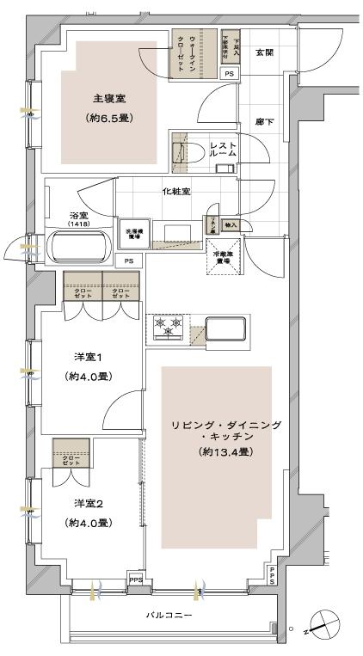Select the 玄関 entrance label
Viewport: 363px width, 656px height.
(264, 53)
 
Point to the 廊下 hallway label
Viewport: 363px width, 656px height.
(264, 122)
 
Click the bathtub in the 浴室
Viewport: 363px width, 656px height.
(78, 248)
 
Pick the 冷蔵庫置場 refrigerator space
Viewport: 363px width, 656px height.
(227, 259)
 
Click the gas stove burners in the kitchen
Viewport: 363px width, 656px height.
(168, 327)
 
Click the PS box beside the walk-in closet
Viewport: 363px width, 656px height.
(229, 74)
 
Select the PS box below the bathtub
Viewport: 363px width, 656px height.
(128, 260)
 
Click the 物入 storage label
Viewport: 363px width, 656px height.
(230, 225)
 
